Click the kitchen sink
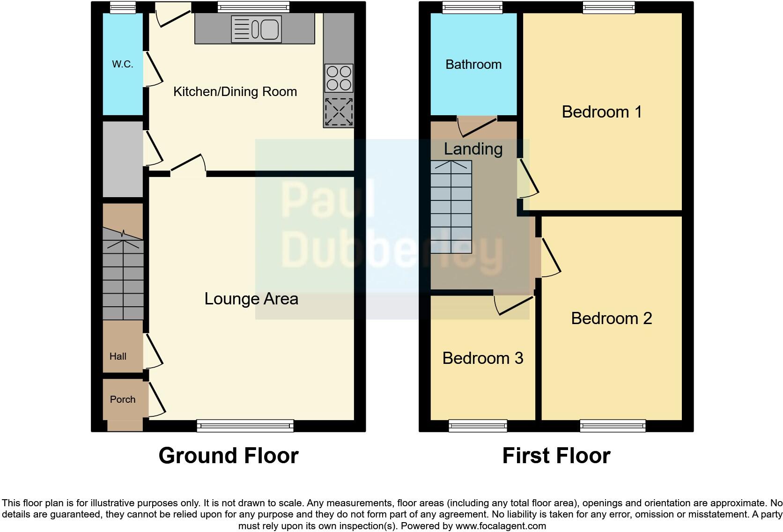click(256, 30)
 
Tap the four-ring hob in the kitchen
click(338, 78)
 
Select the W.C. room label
click(123, 65)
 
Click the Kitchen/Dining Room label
click(235, 92)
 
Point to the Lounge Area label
click(251, 299)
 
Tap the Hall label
click(118, 356)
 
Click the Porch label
click(123, 399)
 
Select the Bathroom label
click(473, 65)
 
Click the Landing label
click(473, 149)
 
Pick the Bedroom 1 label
click(602, 112)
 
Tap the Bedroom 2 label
click(611, 318)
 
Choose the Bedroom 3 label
click(482, 358)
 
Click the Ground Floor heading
click(229, 456)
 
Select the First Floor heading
click(556, 456)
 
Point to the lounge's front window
click(245, 425)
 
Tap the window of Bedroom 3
click(478, 425)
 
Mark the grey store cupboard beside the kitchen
click(123, 159)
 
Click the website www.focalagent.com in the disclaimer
click(500, 526)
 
